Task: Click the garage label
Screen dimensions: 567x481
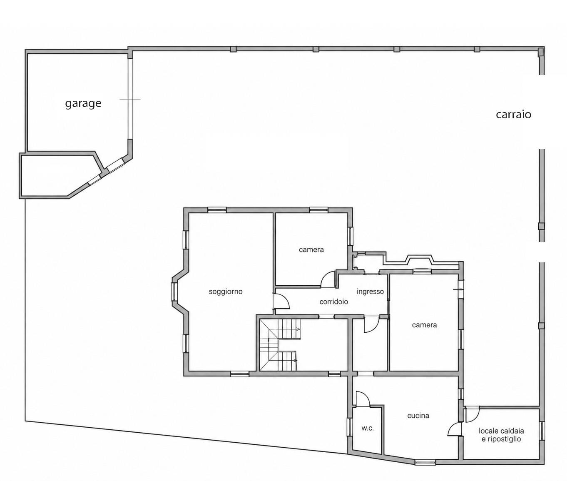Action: pos(83,103)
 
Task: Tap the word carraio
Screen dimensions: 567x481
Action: pos(514,114)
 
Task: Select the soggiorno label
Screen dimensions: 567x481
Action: pos(226,292)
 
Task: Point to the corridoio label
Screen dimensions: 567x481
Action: pos(334,302)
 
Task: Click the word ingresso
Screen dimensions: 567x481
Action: pos(370,292)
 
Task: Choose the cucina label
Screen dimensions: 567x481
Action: pos(418,416)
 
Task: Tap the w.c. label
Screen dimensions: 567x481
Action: pos(368,428)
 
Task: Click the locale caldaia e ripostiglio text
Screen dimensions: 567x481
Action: pos(502,435)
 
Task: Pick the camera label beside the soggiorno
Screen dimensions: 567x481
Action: pos(311,250)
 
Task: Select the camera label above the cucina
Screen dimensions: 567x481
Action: pos(424,325)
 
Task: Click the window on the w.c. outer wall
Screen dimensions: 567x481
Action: pos(350,430)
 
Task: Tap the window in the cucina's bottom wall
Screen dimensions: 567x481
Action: pos(425,462)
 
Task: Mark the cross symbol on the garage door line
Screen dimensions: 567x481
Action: pos(130,99)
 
